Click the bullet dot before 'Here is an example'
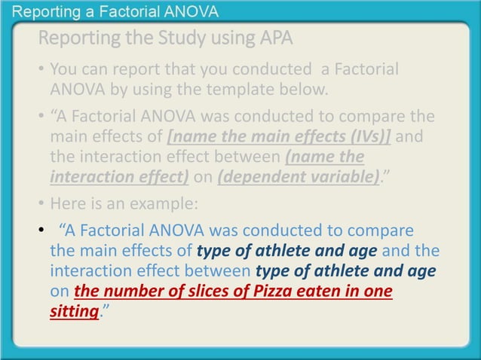40,203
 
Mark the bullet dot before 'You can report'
40,71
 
